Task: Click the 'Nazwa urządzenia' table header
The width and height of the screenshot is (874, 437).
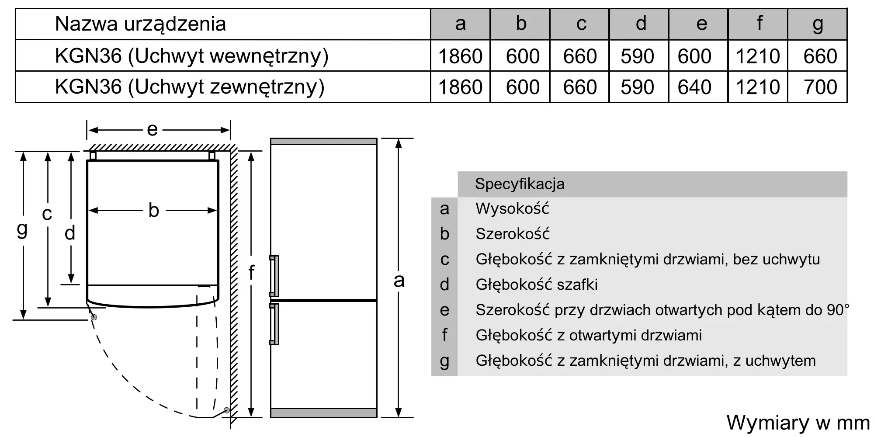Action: pyautogui.click(x=140, y=24)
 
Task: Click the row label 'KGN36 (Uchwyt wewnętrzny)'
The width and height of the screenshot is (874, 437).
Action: pyautogui.click(x=191, y=56)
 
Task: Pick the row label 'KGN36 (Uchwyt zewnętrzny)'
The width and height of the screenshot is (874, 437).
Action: pyautogui.click(x=190, y=87)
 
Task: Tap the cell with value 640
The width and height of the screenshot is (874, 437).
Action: pyautogui.click(x=694, y=87)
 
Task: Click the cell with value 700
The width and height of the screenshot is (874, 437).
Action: pyautogui.click(x=820, y=87)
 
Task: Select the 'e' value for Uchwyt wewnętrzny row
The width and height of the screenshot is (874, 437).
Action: pyautogui.click(x=694, y=56)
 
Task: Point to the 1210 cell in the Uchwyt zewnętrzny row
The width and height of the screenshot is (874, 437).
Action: pyautogui.click(x=758, y=87)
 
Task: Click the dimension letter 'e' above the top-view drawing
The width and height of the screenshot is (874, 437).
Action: pyautogui.click(x=152, y=130)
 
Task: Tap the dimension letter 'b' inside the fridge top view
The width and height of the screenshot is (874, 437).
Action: pyautogui.click(x=153, y=210)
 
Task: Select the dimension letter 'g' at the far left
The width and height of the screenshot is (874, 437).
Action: pyautogui.click(x=22, y=229)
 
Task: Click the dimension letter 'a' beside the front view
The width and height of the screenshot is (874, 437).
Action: pyautogui.click(x=399, y=281)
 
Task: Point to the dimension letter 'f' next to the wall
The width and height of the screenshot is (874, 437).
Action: pyautogui.click(x=251, y=272)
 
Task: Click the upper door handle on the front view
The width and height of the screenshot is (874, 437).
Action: pyautogui.click(x=274, y=276)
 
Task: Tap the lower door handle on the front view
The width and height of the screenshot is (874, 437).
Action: pyautogui.click(x=274, y=324)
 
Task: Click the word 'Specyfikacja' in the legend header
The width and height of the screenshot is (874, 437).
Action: pyautogui.click(x=520, y=184)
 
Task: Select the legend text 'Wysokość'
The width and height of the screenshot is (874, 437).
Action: pyautogui.click(x=512, y=208)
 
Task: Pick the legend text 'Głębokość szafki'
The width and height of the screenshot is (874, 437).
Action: pyautogui.click(x=537, y=284)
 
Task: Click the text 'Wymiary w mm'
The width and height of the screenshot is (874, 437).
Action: pyautogui.click(x=798, y=423)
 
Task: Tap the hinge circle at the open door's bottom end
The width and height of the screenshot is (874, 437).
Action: pyautogui.click(x=226, y=410)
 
